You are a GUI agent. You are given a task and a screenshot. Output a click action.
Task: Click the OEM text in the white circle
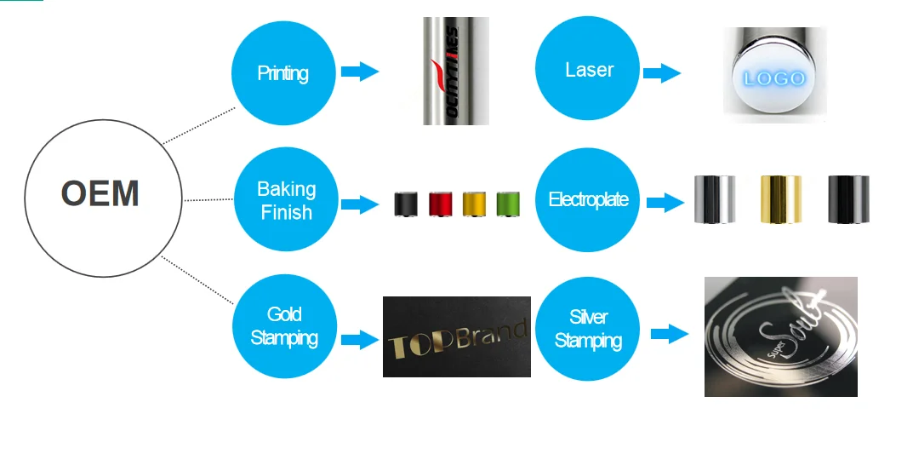tap(100, 194)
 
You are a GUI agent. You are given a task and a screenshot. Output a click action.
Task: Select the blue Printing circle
tap(282, 72)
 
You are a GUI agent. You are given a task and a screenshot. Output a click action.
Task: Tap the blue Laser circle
tap(589, 70)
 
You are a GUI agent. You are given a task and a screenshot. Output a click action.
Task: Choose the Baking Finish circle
tap(286, 200)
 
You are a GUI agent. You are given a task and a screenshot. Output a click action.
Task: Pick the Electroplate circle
tap(588, 200)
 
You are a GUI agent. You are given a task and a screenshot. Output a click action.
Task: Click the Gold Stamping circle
tap(283, 327)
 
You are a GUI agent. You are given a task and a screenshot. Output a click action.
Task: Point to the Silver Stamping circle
tap(588, 330)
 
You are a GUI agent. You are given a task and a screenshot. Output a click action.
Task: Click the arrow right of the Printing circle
tap(360, 72)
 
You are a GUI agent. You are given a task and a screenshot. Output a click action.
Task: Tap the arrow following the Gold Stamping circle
tap(360, 340)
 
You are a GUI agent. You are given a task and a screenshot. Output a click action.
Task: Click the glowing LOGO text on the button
tap(773, 78)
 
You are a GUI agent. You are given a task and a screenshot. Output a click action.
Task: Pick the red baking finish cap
tap(440, 204)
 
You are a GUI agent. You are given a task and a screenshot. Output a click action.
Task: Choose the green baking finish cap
tap(508, 204)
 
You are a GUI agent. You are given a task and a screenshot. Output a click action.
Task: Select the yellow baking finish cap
tap(473, 204)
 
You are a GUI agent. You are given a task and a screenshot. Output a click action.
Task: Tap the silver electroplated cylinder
tap(714, 199)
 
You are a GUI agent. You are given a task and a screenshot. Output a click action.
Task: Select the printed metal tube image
tap(455, 71)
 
